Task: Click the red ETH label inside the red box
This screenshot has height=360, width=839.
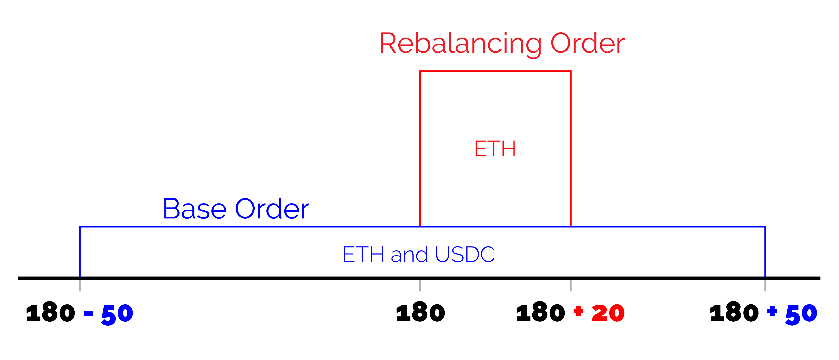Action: click(495, 149)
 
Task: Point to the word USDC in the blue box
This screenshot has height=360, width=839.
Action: click(465, 254)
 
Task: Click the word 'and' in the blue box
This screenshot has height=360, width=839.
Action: click(409, 254)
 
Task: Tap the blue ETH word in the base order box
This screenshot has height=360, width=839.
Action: click(363, 254)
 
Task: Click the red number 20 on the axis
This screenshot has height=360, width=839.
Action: click(608, 313)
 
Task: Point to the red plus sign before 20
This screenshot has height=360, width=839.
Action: click(578, 311)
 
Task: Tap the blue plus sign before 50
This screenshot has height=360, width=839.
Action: click(772, 311)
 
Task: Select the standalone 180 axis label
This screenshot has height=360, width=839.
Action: click(420, 313)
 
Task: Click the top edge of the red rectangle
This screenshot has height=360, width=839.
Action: click(495, 71)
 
